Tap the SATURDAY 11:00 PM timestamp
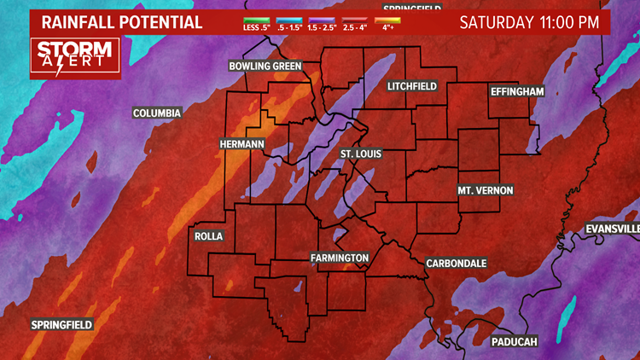click(x=529, y=22)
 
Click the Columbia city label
click(x=157, y=113)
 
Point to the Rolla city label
click(x=209, y=236)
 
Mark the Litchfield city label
click(x=412, y=87)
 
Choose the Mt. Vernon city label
click(x=485, y=190)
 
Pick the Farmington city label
click(x=340, y=258)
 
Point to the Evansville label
click(x=613, y=229)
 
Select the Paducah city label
click(x=515, y=342)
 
